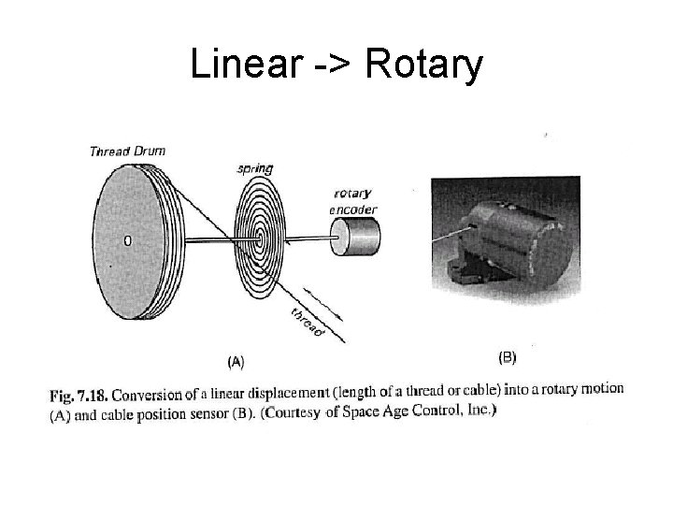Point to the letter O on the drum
(128, 240)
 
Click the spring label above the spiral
(254, 169)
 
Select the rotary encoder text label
(352, 202)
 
